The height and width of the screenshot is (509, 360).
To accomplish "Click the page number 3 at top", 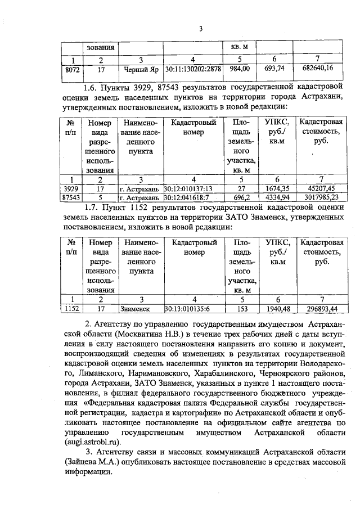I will [200, 29].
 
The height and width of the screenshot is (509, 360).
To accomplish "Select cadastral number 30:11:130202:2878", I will [193, 70].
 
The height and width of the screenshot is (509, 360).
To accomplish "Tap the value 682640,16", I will [321, 69].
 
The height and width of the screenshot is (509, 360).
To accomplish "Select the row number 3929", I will [70, 189].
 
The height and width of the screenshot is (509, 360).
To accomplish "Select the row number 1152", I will [71, 309].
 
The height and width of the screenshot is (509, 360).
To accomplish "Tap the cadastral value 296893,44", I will [321, 309].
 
